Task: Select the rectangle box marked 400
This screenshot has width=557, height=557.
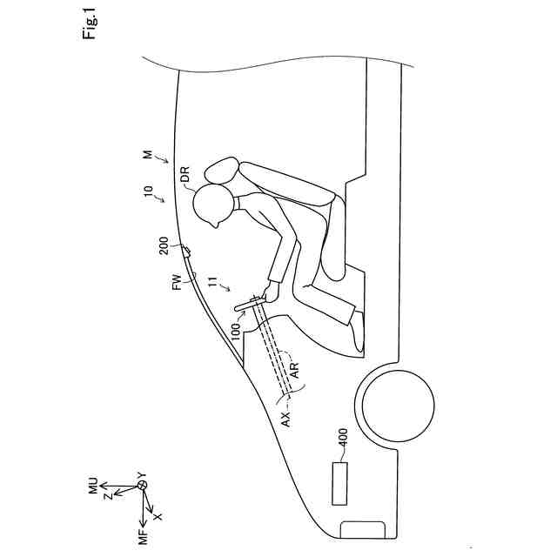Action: pos(339,483)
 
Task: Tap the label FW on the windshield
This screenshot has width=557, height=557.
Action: pos(177,280)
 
